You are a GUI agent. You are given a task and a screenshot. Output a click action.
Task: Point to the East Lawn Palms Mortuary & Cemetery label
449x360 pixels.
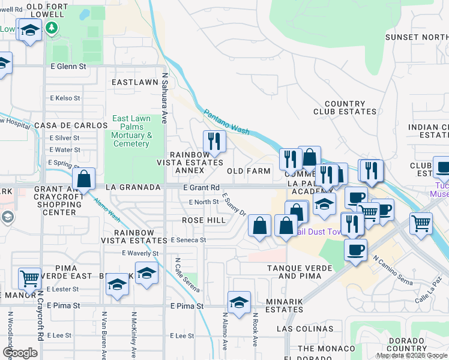[131, 131]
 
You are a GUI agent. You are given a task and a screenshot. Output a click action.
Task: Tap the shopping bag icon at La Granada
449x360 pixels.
[84, 179]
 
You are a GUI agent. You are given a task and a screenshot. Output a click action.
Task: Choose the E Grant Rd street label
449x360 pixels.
[201, 188]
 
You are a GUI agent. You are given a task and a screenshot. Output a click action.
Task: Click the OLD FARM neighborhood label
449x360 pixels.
[249, 171]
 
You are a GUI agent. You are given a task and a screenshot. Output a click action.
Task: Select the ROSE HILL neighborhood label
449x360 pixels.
[204, 220]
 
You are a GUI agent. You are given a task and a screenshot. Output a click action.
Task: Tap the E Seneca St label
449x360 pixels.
[188, 240]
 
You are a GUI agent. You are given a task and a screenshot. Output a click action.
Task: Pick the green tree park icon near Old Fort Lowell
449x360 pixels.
[52, 28]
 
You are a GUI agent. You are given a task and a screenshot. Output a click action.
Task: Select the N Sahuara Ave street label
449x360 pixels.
[164, 95]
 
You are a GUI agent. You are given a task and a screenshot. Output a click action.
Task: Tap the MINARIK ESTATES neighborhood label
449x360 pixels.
[292, 306]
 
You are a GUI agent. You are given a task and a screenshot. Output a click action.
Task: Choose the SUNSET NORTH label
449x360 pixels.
[417, 37]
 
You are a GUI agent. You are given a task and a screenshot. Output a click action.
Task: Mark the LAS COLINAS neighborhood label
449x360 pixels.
[301, 329]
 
